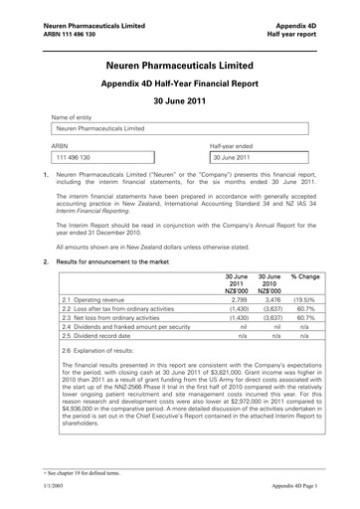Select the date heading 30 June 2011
click(x=179, y=101)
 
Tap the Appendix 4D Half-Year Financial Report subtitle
click(x=179, y=84)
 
